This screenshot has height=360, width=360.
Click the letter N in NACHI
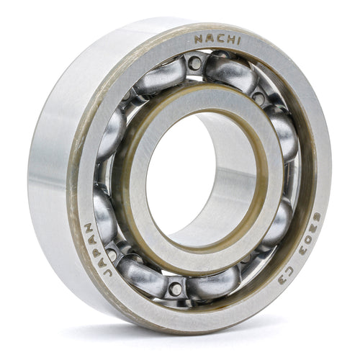click(198, 37)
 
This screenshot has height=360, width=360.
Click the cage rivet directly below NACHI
click(194, 63)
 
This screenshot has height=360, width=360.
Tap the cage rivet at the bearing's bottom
click(175, 289)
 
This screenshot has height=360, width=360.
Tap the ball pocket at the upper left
click(113, 133)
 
